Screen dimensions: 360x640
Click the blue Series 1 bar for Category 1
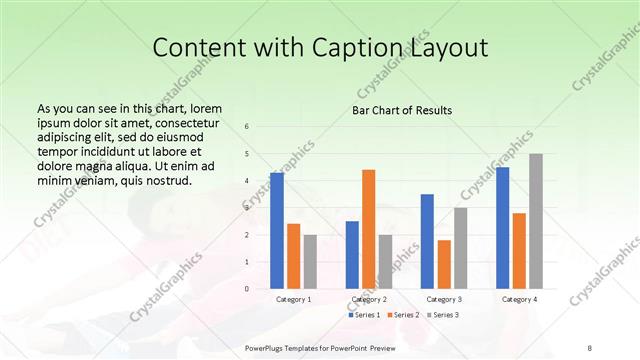[x=277, y=231]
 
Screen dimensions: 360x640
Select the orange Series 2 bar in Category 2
[x=368, y=229]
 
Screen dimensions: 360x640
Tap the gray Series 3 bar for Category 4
[x=536, y=221]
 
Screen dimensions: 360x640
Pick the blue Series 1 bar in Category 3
[x=427, y=241]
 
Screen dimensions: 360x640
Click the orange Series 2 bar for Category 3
[x=444, y=264]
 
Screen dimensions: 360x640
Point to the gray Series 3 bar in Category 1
[x=310, y=262]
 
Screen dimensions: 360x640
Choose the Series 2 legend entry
[x=403, y=315]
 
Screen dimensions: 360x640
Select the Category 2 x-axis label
[x=369, y=299]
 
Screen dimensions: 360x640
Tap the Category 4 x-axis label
[x=519, y=299]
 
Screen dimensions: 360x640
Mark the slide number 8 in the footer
[x=589, y=348]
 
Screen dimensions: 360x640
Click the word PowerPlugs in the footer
[x=266, y=348]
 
